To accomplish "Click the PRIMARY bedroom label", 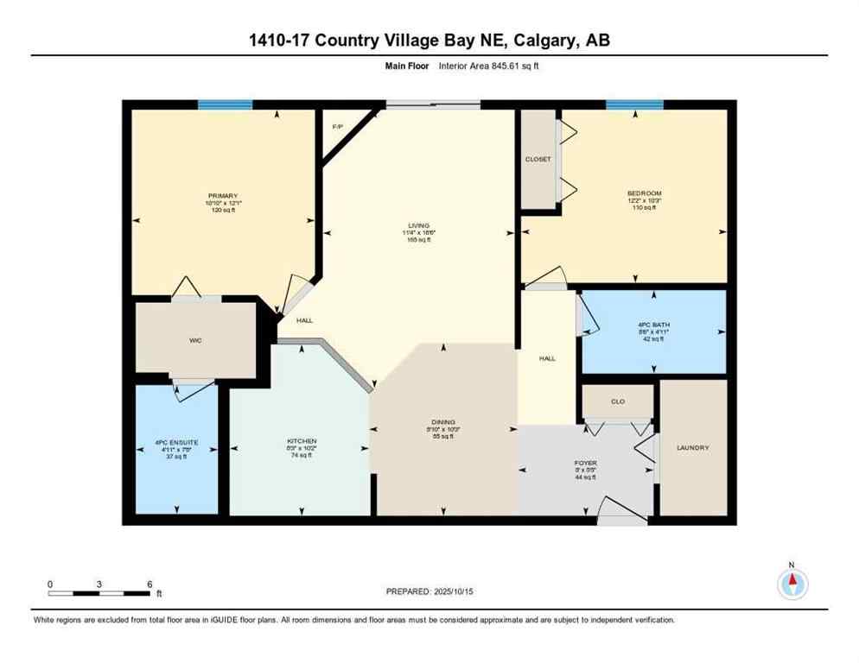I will coord(222,196).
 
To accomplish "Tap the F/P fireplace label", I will coord(338,127).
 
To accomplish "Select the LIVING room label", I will coord(418,225).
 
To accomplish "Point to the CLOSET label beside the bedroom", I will coord(538,160).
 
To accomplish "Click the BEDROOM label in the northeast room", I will coord(644,193).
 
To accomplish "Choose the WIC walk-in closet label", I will coord(197,340).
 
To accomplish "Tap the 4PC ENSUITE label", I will coord(176,443).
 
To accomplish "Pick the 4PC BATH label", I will coord(653,325).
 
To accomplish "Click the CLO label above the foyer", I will coord(617,401).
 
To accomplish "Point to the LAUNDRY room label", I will coord(693,447).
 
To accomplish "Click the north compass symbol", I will coord(792,584).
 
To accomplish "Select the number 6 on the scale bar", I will coord(150,584).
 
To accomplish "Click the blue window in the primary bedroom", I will coord(225,104).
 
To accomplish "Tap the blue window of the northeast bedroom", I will coord(634,104).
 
